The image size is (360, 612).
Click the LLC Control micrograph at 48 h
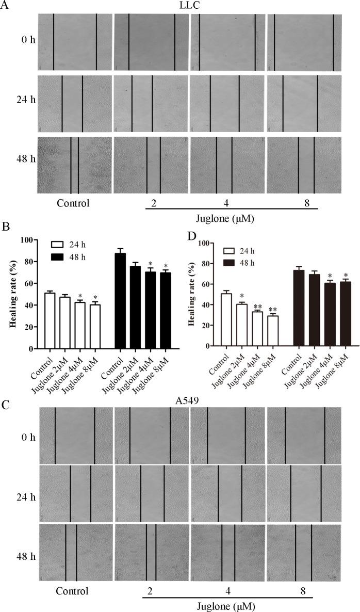[x=74, y=165]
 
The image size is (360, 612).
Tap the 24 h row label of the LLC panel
[x=26, y=100]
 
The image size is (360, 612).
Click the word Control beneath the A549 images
[x=73, y=591]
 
